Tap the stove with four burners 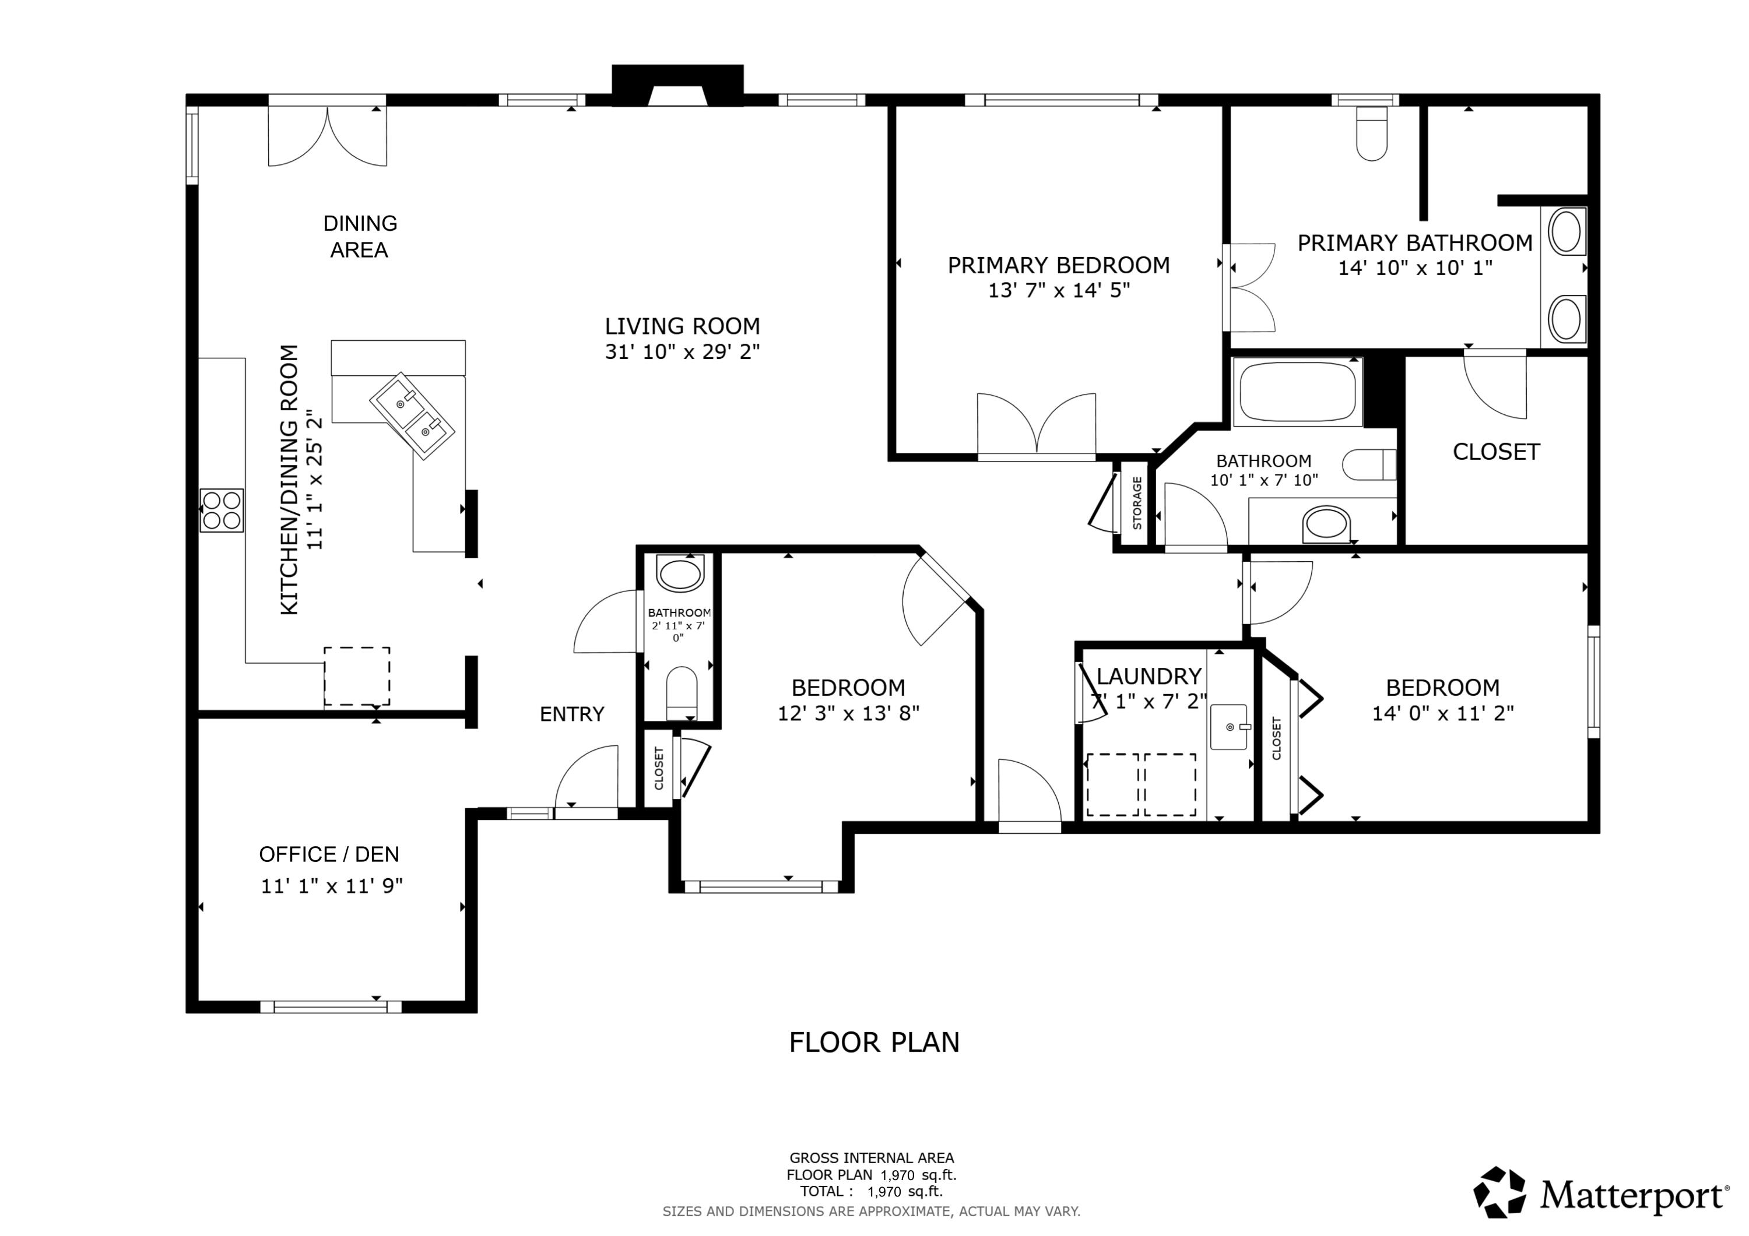click(222, 510)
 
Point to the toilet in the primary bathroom click(1371, 134)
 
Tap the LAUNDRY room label click(1148, 676)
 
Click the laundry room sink click(1229, 727)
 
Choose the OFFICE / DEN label click(329, 854)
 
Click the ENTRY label click(571, 714)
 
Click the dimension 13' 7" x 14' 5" click(1058, 290)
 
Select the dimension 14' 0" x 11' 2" click(1442, 713)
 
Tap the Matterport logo click(1600, 1195)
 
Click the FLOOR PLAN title click(874, 1043)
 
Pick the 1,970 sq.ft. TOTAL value click(904, 1192)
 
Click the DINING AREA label click(360, 236)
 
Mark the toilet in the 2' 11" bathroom click(681, 692)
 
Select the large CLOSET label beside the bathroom click(1496, 452)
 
